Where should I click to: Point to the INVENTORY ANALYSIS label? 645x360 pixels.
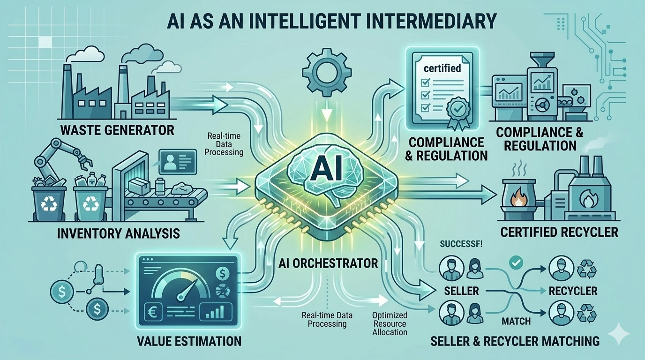[118, 232]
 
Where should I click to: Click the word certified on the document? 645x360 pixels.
[442, 68]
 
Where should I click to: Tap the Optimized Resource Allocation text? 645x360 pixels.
[390, 323]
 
